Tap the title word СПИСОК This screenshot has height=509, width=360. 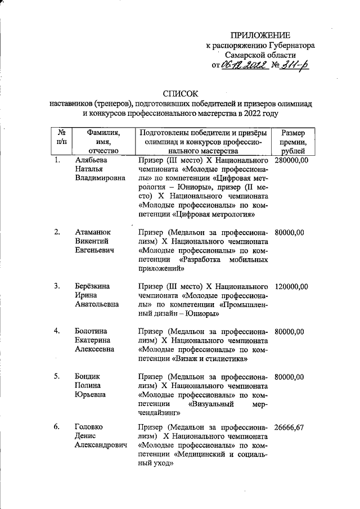(x=181, y=93)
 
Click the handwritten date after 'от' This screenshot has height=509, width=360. (x=243, y=66)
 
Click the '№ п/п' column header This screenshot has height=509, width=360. (x=61, y=138)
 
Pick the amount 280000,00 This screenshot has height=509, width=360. (x=291, y=161)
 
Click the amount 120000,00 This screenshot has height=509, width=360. (x=291, y=287)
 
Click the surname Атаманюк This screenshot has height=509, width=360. (x=93, y=232)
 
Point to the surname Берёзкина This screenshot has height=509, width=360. (x=93, y=287)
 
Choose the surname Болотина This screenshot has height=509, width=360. (x=92, y=330)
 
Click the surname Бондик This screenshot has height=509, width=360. (x=88, y=376)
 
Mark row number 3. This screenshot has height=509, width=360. (x=57, y=287)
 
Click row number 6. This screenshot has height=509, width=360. (x=57, y=427)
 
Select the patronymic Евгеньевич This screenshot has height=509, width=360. (x=97, y=250)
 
